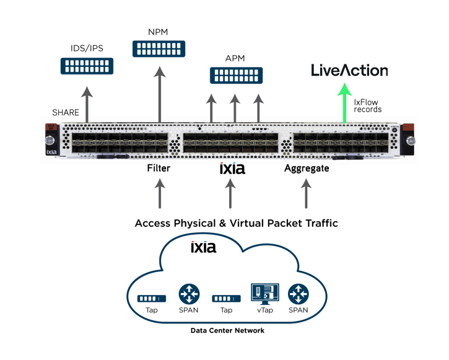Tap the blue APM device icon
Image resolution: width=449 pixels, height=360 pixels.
235,75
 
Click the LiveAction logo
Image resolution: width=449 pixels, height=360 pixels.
349,71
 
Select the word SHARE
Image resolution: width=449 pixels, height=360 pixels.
66,112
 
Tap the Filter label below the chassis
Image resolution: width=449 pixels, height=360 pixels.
159,168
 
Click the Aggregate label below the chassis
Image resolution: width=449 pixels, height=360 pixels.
307,168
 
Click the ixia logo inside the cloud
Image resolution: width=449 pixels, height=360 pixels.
203,247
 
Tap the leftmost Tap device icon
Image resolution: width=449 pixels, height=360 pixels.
152,298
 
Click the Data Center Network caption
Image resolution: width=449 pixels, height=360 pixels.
227,330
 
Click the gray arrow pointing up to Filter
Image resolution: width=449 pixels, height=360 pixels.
159,194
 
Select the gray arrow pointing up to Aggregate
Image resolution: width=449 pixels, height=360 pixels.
306,194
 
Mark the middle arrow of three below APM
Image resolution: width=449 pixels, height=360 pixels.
235,108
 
